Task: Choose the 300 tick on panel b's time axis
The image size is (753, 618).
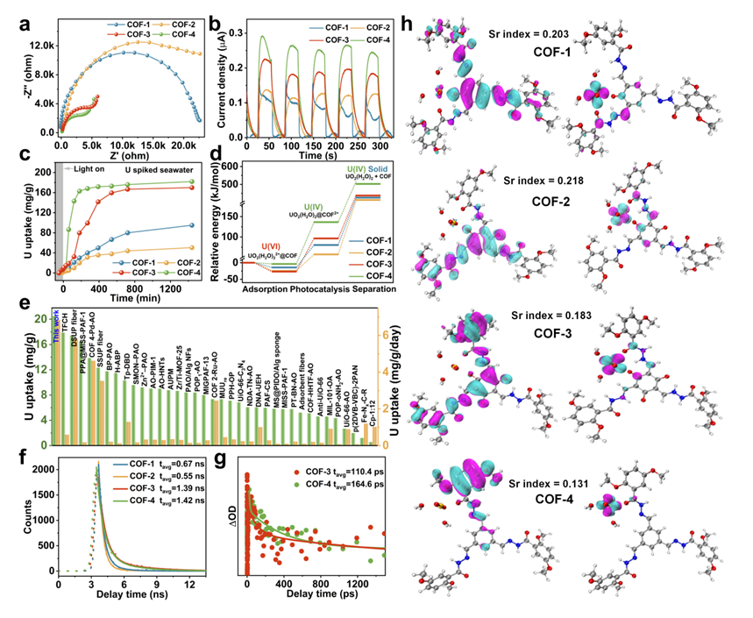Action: point(372,143)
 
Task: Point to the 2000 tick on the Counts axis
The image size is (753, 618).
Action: point(42,469)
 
